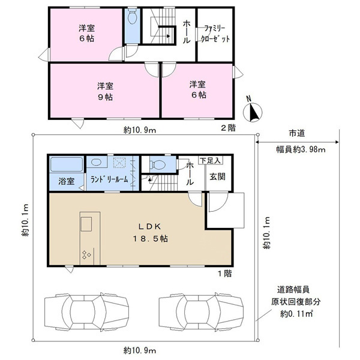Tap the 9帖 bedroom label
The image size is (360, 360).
click(x=106, y=92)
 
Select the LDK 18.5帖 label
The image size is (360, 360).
click(x=151, y=233)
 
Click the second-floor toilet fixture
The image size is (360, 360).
click(x=132, y=16)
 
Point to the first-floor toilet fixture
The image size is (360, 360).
click(x=157, y=164)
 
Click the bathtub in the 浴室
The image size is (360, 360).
click(x=67, y=164)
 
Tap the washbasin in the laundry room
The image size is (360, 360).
click(x=96, y=162)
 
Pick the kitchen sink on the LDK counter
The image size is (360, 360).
click(x=86, y=224)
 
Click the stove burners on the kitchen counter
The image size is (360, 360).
click(x=86, y=255)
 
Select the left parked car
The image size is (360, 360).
click(x=86, y=312)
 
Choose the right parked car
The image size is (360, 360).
click(x=201, y=312)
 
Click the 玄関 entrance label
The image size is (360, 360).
click(x=217, y=176)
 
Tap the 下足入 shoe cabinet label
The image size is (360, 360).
click(x=211, y=160)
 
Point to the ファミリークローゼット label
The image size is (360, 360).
click(x=215, y=34)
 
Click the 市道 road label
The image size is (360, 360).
click(x=297, y=133)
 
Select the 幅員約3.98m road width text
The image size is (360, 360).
click(x=301, y=149)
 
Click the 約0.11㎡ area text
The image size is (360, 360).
click(x=296, y=314)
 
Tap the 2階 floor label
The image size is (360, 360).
click(x=228, y=128)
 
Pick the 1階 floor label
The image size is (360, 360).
click(x=225, y=274)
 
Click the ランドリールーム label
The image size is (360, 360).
click(x=109, y=179)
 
